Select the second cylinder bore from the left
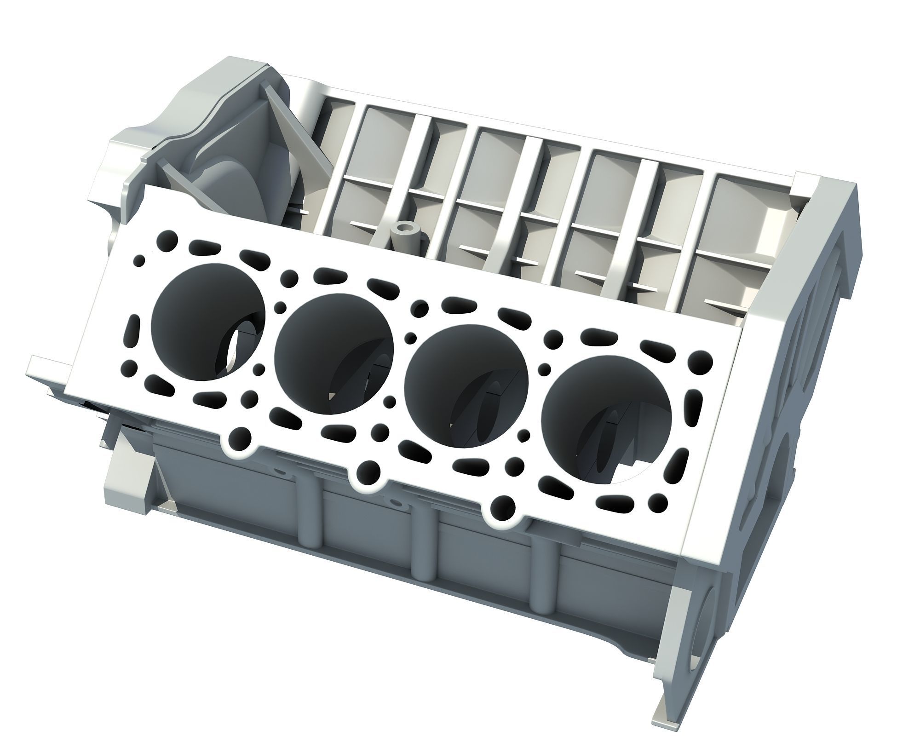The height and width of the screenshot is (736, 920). (x=333, y=354)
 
